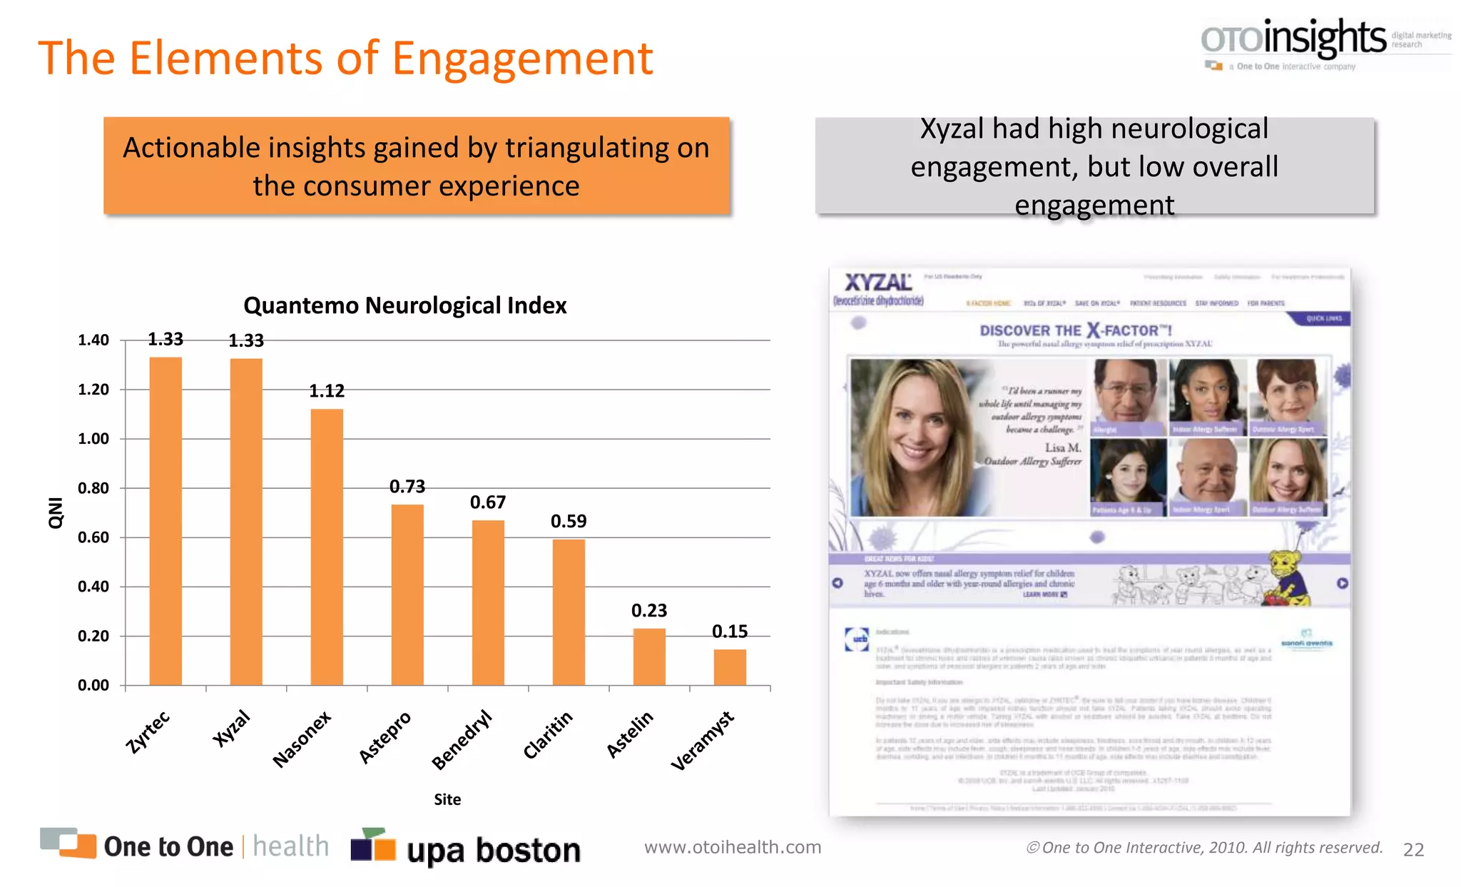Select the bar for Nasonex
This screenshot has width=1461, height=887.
(x=327, y=547)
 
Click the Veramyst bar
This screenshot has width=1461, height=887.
(x=730, y=667)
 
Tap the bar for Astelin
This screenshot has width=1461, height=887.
(x=649, y=657)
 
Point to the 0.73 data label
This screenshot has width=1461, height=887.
(x=407, y=487)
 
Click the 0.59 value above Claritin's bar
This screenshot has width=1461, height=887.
(x=569, y=522)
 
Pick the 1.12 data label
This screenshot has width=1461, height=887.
(x=327, y=391)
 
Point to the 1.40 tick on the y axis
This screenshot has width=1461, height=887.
(x=93, y=340)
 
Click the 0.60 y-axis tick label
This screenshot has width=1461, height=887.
(x=93, y=537)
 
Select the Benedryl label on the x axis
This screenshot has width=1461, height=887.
(x=462, y=739)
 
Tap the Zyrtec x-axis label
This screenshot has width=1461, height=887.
(x=148, y=731)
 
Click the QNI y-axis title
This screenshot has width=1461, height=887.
(x=56, y=512)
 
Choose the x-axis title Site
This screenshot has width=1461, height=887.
(x=447, y=799)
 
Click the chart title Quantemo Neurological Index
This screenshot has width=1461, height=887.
(x=404, y=305)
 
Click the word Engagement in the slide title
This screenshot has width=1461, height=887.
(x=522, y=59)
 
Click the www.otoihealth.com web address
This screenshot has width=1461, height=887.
(x=733, y=847)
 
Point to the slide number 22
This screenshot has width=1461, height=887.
(x=1413, y=849)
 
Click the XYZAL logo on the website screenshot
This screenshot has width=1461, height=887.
(x=878, y=283)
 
